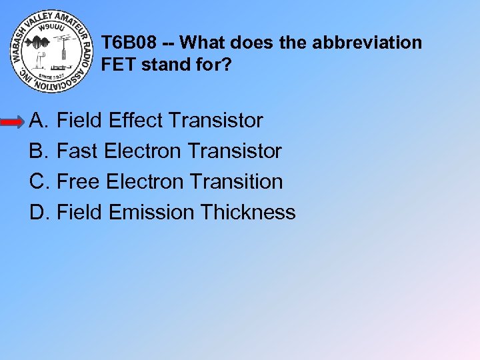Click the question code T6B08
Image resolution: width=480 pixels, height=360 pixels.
(129, 43)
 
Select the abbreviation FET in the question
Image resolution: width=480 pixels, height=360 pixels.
(117, 65)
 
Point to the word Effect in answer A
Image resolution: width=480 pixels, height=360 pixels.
(135, 121)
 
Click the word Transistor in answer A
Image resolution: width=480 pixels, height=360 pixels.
(216, 121)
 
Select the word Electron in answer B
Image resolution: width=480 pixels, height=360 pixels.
(143, 151)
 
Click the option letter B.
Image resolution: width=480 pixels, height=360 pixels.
(38, 151)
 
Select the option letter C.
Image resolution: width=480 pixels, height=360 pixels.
(39, 182)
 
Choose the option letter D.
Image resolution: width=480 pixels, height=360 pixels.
(39, 213)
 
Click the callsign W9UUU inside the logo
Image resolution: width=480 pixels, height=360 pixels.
(51, 29)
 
